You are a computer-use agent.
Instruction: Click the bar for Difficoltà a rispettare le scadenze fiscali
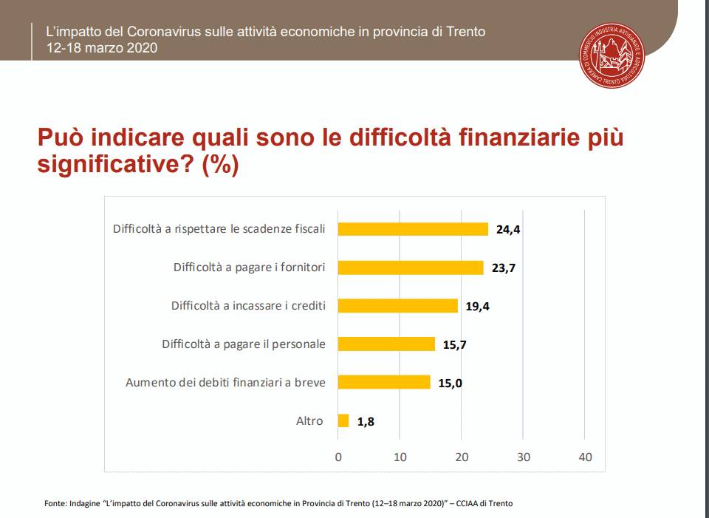point(413,229)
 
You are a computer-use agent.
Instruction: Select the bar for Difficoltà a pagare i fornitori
point(411,267)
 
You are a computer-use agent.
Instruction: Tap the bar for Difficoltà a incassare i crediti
point(397,306)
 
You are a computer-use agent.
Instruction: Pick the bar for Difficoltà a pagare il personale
point(386,344)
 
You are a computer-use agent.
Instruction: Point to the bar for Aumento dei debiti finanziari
point(384,382)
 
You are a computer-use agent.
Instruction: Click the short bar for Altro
point(343,420)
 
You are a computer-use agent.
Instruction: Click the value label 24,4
point(508,230)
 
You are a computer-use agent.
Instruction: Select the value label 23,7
point(503,268)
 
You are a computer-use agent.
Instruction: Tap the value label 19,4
point(477,307)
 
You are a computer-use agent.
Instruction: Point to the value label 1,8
point(366,422)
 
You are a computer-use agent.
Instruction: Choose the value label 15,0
point(450,383)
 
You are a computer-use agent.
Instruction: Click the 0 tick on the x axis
point(338,457)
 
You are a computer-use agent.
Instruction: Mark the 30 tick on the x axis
point(524,457)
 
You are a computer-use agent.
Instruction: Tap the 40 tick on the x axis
point(585,457)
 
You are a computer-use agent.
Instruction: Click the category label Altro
point(309,420)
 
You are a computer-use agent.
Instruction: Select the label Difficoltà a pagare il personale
point(244,344)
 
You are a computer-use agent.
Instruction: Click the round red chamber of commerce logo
point(612,55)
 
